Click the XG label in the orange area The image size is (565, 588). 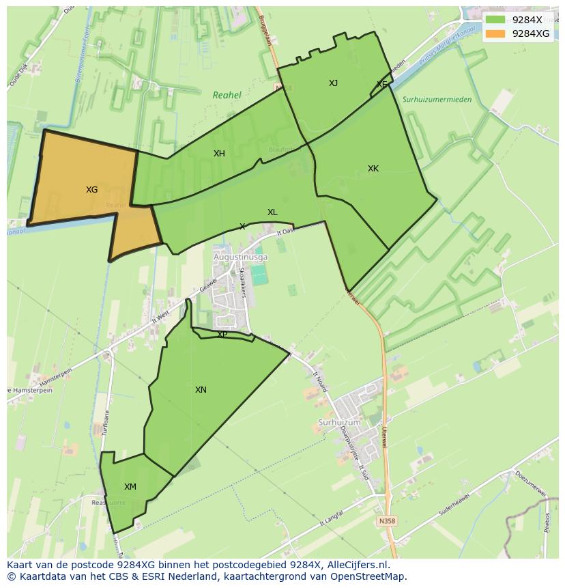click(x=92, y=190)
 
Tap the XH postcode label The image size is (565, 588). click(x=219, y=154)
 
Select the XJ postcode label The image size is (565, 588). click(x=333, y=83)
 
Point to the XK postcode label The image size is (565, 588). click(x=373, y=169)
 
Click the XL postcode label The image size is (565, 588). click(x=272, y=212)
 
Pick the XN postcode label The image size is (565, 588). click(x=201, y=390)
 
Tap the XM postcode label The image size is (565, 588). click(x=130, y=487)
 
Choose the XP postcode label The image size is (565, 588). click(x=222, y=335)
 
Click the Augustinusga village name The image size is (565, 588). click(x=241, y=257)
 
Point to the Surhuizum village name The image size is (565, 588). click(x=339, y=423)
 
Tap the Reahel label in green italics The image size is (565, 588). click(x=227, y=96)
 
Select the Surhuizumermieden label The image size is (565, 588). click(x=437, y=100)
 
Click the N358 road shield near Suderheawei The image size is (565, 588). click(x=386, y=520)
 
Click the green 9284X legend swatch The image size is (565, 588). click(x=495, y=20)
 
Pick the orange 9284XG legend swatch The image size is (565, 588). click(x=495, y=33)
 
